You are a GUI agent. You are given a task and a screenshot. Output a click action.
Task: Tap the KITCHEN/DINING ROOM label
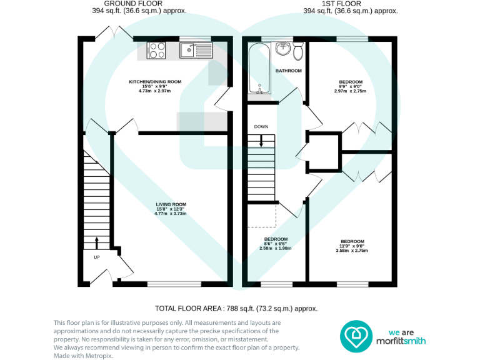point(155,82)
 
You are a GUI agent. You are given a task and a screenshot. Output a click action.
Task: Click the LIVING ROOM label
point(171,204)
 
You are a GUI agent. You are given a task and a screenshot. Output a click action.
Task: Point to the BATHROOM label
point(289,71)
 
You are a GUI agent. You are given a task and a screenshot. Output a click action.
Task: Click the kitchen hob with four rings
point(156,49)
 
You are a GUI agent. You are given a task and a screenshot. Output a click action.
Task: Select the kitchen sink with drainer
point(196,49)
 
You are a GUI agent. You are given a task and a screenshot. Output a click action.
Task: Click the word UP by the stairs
point(96,257)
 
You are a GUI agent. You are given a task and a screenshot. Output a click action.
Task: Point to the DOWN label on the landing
point(261,127)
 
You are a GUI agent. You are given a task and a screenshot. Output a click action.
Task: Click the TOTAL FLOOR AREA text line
point(236,308)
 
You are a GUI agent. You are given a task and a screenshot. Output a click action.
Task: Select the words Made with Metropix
point(83,355)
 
